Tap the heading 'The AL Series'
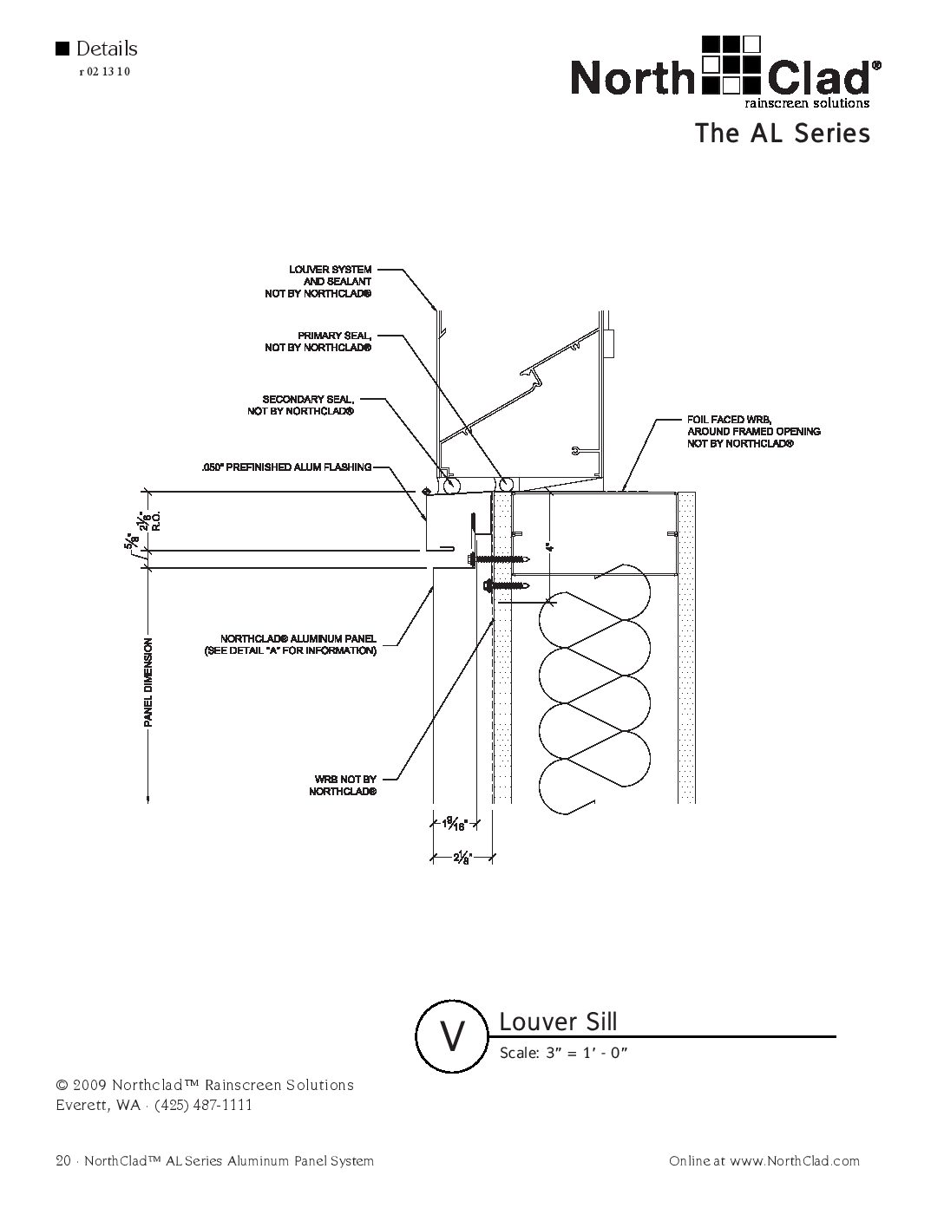coord(781,134)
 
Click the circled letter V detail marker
coord(451,1035)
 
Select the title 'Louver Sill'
coord(558,1022)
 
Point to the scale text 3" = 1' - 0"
coord(563,1054)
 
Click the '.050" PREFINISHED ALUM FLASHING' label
coord(285,468)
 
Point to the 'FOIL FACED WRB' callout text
coord(753,431)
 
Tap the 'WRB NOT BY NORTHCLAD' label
coord(343,786)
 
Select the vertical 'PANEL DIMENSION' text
coord(148,682)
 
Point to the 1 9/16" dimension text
coord(455,825)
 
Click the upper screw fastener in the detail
coord(501,559)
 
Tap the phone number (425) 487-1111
coord(203,1105)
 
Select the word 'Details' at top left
coord(106,49)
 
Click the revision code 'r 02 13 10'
coord(104,72)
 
